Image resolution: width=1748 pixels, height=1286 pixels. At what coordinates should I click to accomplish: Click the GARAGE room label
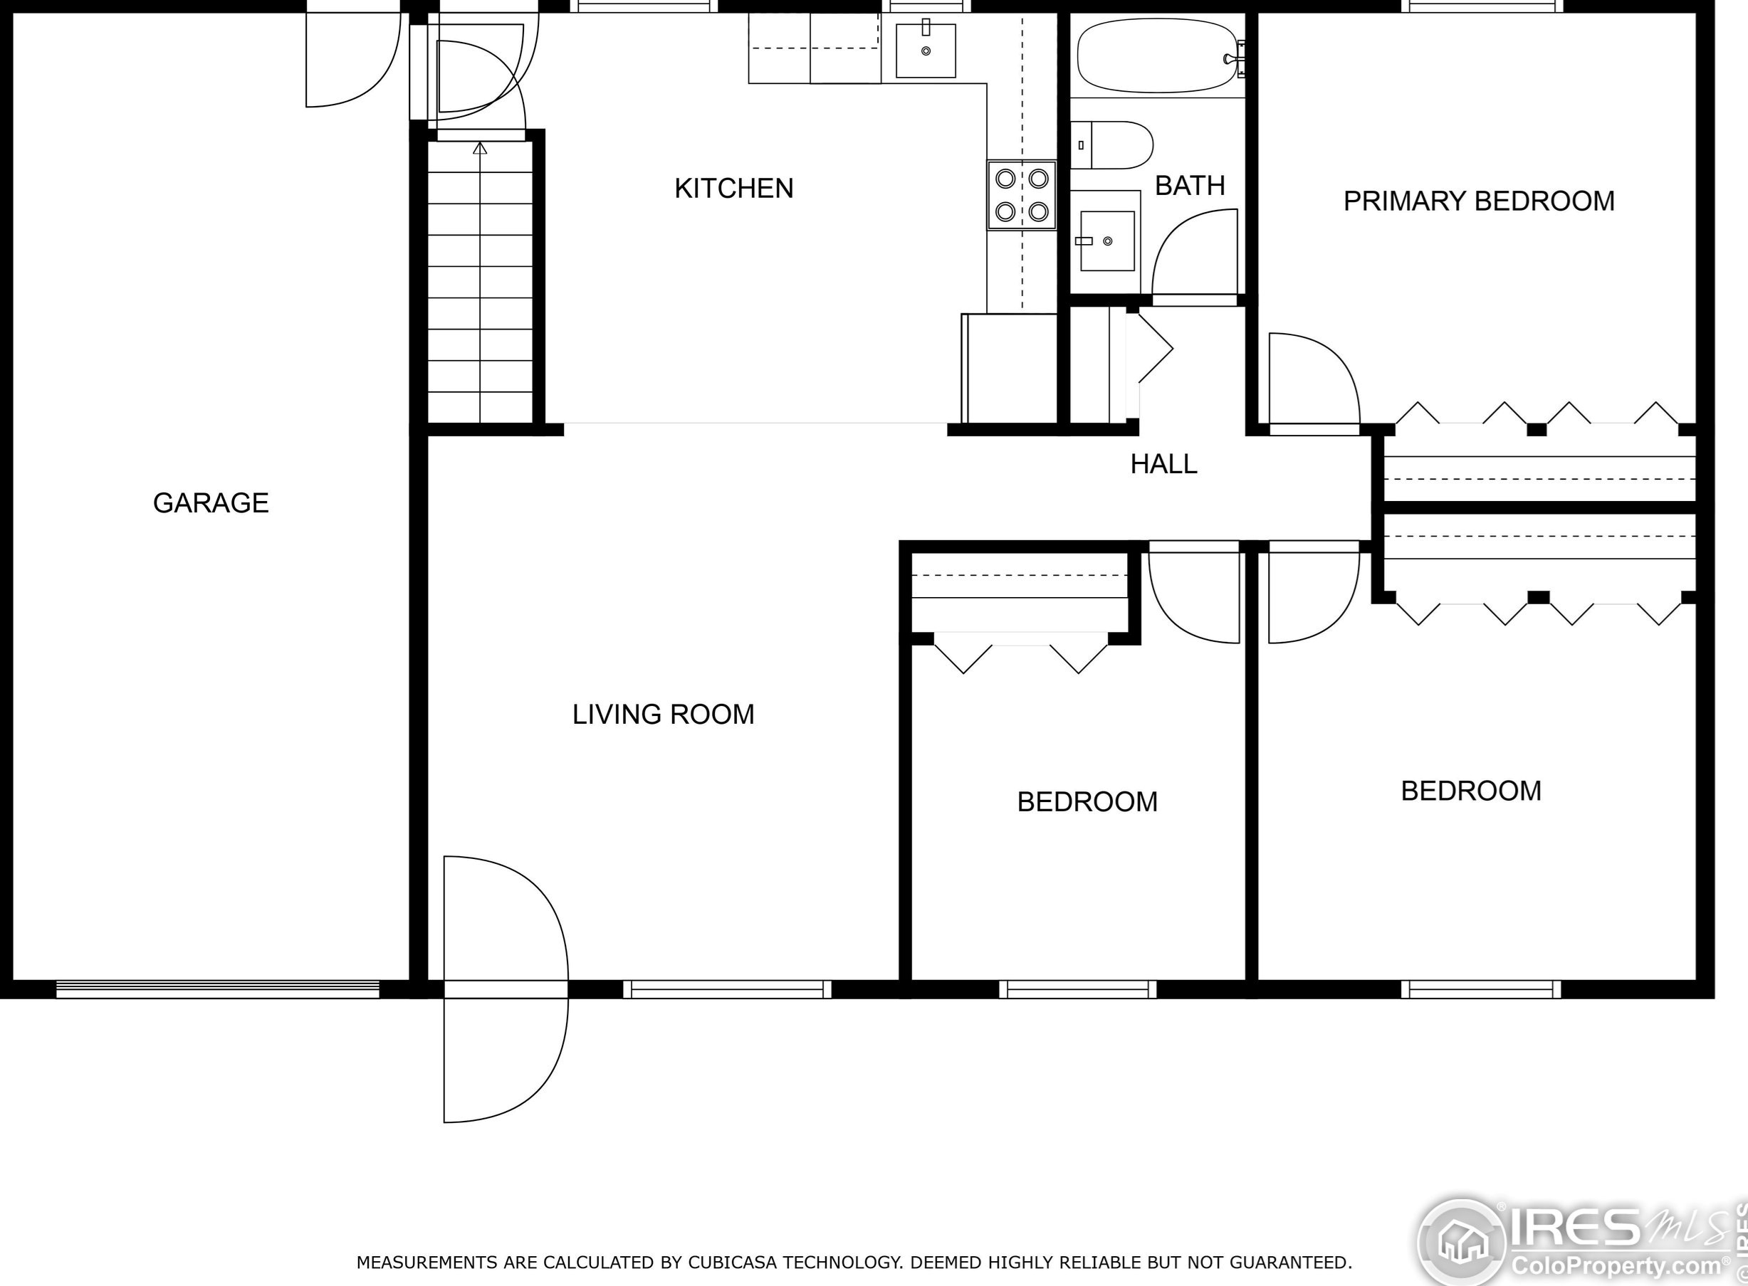(x=211, y=503)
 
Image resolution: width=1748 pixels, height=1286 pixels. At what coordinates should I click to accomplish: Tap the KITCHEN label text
(x=733, y=189)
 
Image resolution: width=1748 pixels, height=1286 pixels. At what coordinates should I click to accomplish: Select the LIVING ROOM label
(x=664, y=715)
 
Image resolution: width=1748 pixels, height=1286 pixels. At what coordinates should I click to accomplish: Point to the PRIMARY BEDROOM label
(x=1479, y=201)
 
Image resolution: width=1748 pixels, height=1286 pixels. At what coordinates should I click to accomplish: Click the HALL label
(x=1163, y=464)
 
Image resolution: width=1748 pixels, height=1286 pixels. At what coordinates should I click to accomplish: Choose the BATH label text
(x=1190, y=185)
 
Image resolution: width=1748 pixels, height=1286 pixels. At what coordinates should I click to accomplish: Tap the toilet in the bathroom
(x=1111, y=144)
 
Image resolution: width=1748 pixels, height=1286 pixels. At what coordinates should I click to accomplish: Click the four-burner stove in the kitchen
(x=1022, y=196)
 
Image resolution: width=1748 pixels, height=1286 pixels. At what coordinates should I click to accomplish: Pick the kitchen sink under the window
(x=926, y=51)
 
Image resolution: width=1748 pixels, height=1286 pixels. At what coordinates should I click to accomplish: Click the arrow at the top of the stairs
(x=480, y=148)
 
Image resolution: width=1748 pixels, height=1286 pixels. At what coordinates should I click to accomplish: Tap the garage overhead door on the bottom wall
(x=217, y=989)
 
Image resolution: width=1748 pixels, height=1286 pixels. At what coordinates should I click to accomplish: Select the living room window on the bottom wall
(x=727, y=989)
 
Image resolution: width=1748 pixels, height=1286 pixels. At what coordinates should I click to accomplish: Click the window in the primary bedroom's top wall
(x=1482, y=6)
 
